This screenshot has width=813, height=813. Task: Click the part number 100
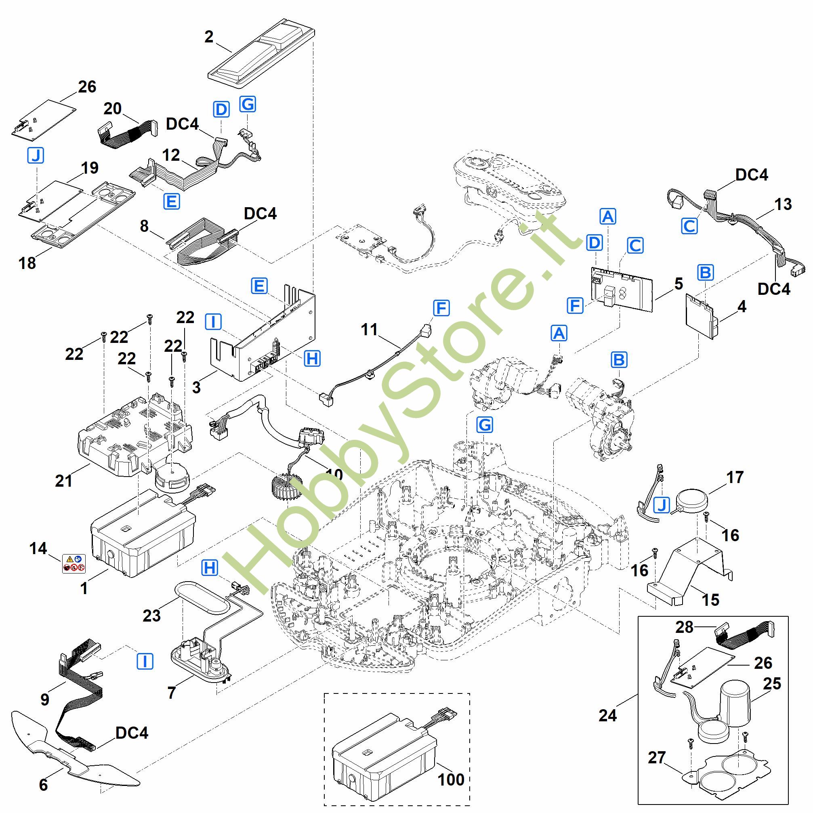click(x=451, y=780)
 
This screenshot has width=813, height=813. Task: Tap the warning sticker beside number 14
click(x=74, y=564)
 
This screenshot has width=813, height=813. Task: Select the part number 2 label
click(x=209, y=37)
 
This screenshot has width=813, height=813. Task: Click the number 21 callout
click(x=63, y=481)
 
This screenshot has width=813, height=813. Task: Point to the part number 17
click(x=735, y=477)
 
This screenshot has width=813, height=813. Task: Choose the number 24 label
click(x=608, y=715)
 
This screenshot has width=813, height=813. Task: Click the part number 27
click(x=656, y=757)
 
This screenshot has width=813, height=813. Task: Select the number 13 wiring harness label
click(x=783, y=204)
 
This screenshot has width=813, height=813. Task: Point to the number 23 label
click(x=151, y=616)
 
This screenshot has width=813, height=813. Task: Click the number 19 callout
click(x=89, y=168)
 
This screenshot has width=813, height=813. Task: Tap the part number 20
click(x=112, y=109)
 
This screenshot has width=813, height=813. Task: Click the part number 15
click(x=711, y=600)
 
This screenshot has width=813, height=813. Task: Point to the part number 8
click(x=144, y=227)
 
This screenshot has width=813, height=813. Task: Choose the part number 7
click(x=171, y=692)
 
